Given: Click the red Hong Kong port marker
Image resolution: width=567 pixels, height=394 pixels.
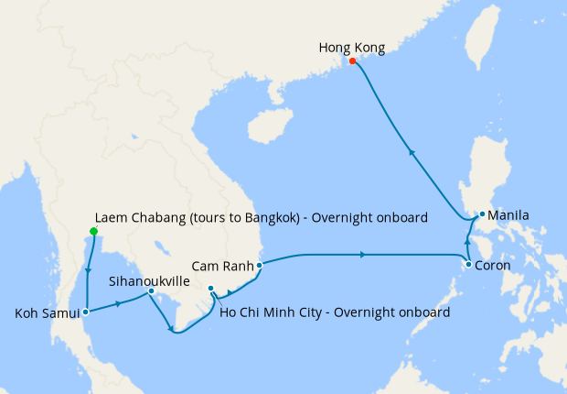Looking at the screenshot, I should pyautogui.click(x=352, y=61).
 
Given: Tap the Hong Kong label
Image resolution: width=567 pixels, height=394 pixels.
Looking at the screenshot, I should pyautogui.click(x=352, y=47).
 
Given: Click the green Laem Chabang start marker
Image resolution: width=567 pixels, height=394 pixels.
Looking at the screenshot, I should pyautogui.click(x=93, y=231).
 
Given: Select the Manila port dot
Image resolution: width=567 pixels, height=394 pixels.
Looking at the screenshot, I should pyautogui.click(x=482, y=215).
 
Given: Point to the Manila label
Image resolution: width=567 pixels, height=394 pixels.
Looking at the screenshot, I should pyautogui.click(x=508, y=216).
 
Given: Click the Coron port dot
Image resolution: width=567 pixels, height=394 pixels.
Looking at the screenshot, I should pyautogui.click(x=469, y=265).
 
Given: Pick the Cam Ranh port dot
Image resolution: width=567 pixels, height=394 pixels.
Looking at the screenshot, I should pyautogui.click(x=260, y=265).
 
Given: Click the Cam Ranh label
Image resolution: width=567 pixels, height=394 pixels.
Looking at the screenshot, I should pyautogui.click(x=222, y=266).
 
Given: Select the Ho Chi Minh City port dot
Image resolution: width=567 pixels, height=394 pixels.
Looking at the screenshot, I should pyautogui.click(x=211, y=289).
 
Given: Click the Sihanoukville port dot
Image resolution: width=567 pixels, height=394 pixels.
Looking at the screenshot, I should pyautogui.click(x=151, y=291).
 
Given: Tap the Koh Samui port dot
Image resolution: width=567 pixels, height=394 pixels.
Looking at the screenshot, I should pyautogui.click(x=85, y=312).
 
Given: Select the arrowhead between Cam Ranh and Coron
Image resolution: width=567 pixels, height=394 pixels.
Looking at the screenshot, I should pyautogui.click(x=365, y=254).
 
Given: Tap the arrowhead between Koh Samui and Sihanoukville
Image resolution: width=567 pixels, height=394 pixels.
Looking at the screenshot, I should pyautogui.click(x=119, y=301).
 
